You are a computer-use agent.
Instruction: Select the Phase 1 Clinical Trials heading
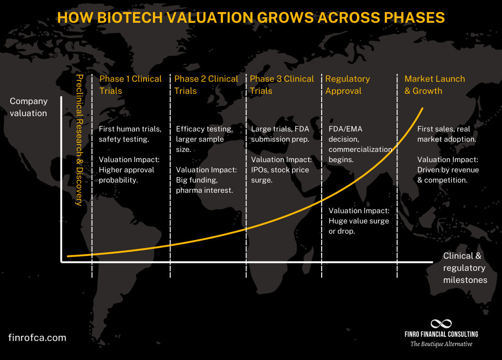[x=130, y=85]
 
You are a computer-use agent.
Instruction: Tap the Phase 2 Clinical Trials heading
[x=206, y=85]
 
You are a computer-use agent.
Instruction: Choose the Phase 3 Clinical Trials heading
[x=282, y=85]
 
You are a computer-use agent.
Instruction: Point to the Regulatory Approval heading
[x=347, y=85]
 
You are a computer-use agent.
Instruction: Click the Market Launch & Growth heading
[x=434, y=85]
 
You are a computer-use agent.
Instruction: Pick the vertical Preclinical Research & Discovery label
[x=79, y=139]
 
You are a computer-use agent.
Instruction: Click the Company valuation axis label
[x=28, y=107]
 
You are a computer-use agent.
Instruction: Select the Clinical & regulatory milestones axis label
[x=464, y=268]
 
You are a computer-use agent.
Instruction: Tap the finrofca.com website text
[x=37, y=338]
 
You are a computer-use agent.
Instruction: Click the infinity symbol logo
[x=441, y=324]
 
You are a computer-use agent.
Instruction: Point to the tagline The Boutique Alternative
[x=441, y=344]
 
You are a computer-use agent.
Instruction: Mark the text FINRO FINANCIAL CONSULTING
[x=441, y=334]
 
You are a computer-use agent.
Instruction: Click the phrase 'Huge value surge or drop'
[x=358, y=226]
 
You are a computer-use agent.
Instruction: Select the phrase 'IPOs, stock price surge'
[x=280, y=175]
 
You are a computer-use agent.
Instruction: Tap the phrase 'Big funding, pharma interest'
[x=205, y=185]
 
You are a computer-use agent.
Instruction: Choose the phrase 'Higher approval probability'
[x=126, y=175]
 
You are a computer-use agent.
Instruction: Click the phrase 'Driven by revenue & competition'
[x=448, y=175]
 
